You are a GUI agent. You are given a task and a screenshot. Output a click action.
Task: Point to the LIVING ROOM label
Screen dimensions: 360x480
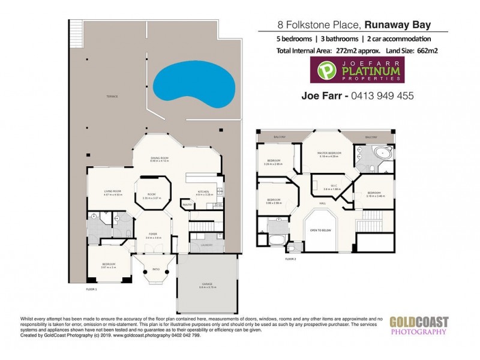point(113,191)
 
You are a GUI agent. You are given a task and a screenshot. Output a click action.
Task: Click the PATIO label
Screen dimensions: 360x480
point(155,268)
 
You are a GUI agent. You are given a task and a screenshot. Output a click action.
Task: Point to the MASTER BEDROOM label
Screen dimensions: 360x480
point(329,153)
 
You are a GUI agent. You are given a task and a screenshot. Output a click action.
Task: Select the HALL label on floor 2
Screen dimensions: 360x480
point(322,204)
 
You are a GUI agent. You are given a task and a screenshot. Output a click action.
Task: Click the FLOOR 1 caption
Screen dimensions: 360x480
point(92,289)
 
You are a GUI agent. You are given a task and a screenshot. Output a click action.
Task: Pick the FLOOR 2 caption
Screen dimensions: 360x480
point(291,259)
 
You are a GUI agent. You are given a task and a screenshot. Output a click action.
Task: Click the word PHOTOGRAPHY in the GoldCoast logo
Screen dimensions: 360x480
point(419,332)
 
